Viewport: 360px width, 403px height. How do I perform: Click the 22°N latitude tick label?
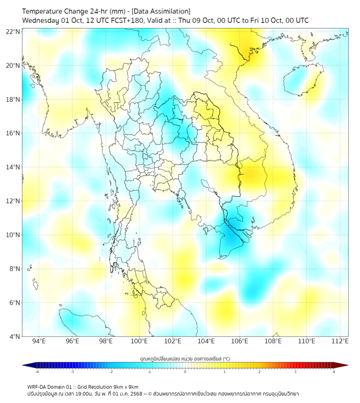(x=13, y=32)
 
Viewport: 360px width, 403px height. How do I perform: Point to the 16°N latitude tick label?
(x=13, y=133)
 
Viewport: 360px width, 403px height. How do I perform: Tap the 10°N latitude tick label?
(x=13, y=235)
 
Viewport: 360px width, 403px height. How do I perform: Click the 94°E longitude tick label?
(x=39, y=341)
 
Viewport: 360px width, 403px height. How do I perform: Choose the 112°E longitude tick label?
(x=340, y=341)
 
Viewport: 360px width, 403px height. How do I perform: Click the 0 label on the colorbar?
(x=185, y=372)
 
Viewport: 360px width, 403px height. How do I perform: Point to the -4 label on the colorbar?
(x=36, y=372)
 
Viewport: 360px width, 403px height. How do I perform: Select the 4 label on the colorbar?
(x=334, y=372)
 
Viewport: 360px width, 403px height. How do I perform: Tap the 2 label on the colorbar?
(x=259, y=372)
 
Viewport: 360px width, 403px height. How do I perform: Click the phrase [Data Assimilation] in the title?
(x=160, y=11)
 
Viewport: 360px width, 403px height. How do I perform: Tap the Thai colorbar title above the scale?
(x=185, y=358)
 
